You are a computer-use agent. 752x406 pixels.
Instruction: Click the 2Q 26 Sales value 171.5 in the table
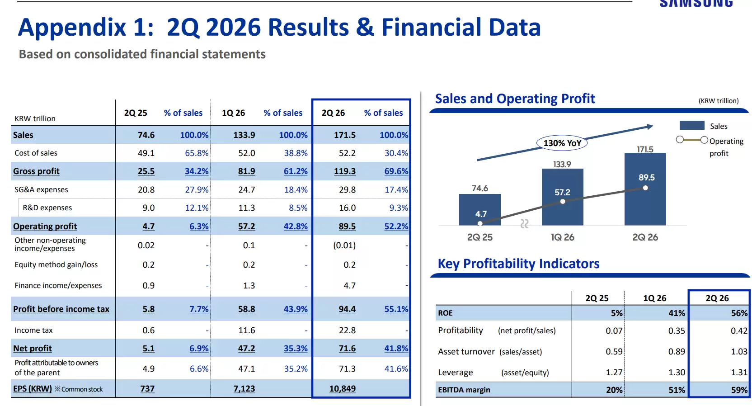(x=344, y=135)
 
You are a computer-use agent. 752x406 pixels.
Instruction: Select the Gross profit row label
(x=36, y=171)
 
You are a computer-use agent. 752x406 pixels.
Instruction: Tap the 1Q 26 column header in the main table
(x=233, y=113)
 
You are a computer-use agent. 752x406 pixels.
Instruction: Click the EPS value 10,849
(x=342, y=389)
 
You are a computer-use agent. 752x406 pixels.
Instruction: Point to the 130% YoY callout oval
(x=562, y=143)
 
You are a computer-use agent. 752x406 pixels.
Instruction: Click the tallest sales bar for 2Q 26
(x=645, y=189)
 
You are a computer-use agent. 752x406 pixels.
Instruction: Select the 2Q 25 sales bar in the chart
(x=480, y=209)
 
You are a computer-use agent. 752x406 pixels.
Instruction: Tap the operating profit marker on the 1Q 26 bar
(x=563, y=202)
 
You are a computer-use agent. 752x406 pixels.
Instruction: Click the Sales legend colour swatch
(x=692, y=126)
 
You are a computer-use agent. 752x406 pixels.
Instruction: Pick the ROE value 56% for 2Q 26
(x=739, y=313)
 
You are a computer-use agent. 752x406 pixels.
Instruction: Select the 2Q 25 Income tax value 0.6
(x=148, y=330)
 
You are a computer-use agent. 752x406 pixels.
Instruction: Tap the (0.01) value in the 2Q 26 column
(x=344, y=245)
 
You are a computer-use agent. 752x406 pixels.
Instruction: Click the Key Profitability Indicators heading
(x=518, y=264)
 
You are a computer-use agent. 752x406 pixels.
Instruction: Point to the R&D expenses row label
(x=47, y=208)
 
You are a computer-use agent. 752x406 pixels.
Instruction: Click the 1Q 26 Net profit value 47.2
(x=246, y=349)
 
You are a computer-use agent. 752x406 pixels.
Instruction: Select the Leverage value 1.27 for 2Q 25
(x=614, y=373)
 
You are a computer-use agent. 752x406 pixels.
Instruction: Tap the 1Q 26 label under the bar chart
(x=562, y=237)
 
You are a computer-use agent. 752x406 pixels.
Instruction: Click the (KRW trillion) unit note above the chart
(x=719, y=101)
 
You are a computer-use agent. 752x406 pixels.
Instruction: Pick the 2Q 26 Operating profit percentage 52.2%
(x=396, y=227)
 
